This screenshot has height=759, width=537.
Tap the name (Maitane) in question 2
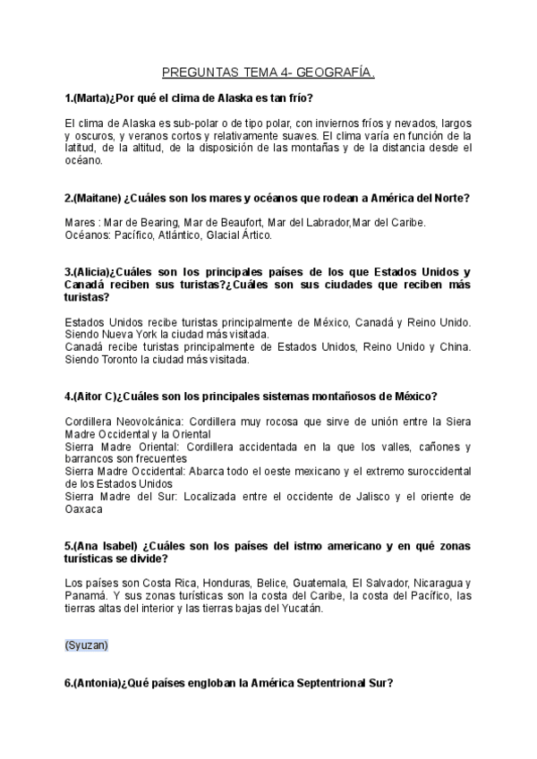(99, 197)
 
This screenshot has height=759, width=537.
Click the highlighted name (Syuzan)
(87, 644)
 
